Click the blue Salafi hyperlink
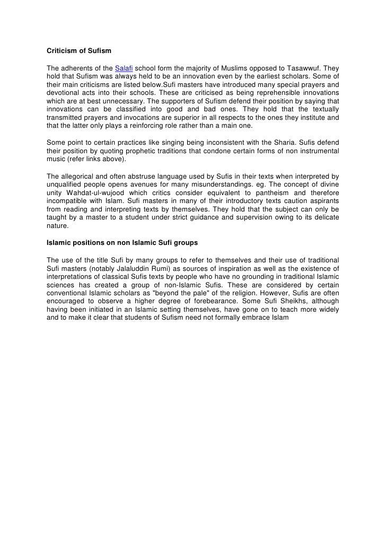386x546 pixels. [124, 68]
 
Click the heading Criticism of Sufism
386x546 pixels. [79, 51]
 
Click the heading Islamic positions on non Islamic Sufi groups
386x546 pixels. [122, 243]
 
